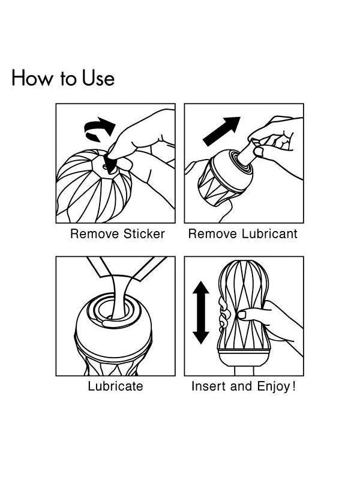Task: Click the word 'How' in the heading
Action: point(32,78)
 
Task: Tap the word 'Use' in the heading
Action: point(98,78)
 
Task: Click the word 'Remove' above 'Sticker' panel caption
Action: point(95,234)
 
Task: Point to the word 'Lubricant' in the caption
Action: point(269,234)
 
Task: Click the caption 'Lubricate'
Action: point(115,386)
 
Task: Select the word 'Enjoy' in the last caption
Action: point(273,386)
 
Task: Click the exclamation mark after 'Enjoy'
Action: point(294,386)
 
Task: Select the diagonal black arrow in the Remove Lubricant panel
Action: point(221,131)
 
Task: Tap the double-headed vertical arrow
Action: point(201,313)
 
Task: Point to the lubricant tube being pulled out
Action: point(247,154)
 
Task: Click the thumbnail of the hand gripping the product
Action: point(242,314)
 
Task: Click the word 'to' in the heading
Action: point(68,79)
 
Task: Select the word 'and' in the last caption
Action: point(242,386)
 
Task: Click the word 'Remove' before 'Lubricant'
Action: point(212,234)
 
